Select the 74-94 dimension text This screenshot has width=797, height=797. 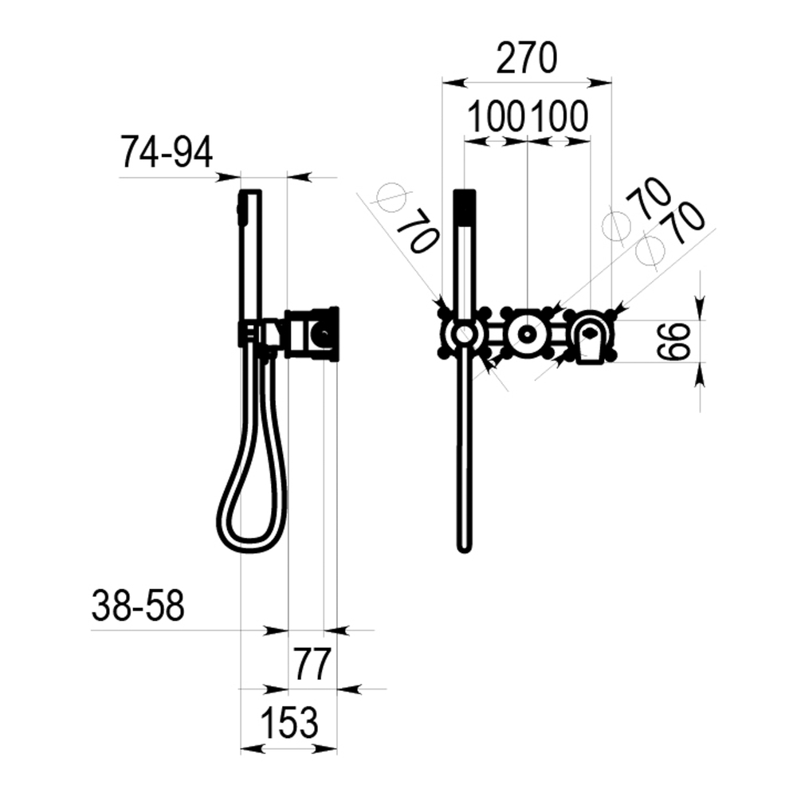click(x=167, y=152)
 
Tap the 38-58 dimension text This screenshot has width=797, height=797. click(x=138, y=606)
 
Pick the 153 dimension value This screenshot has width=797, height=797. click(x=289, y=722)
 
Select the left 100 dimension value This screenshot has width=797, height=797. click(x=496, y=117)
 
